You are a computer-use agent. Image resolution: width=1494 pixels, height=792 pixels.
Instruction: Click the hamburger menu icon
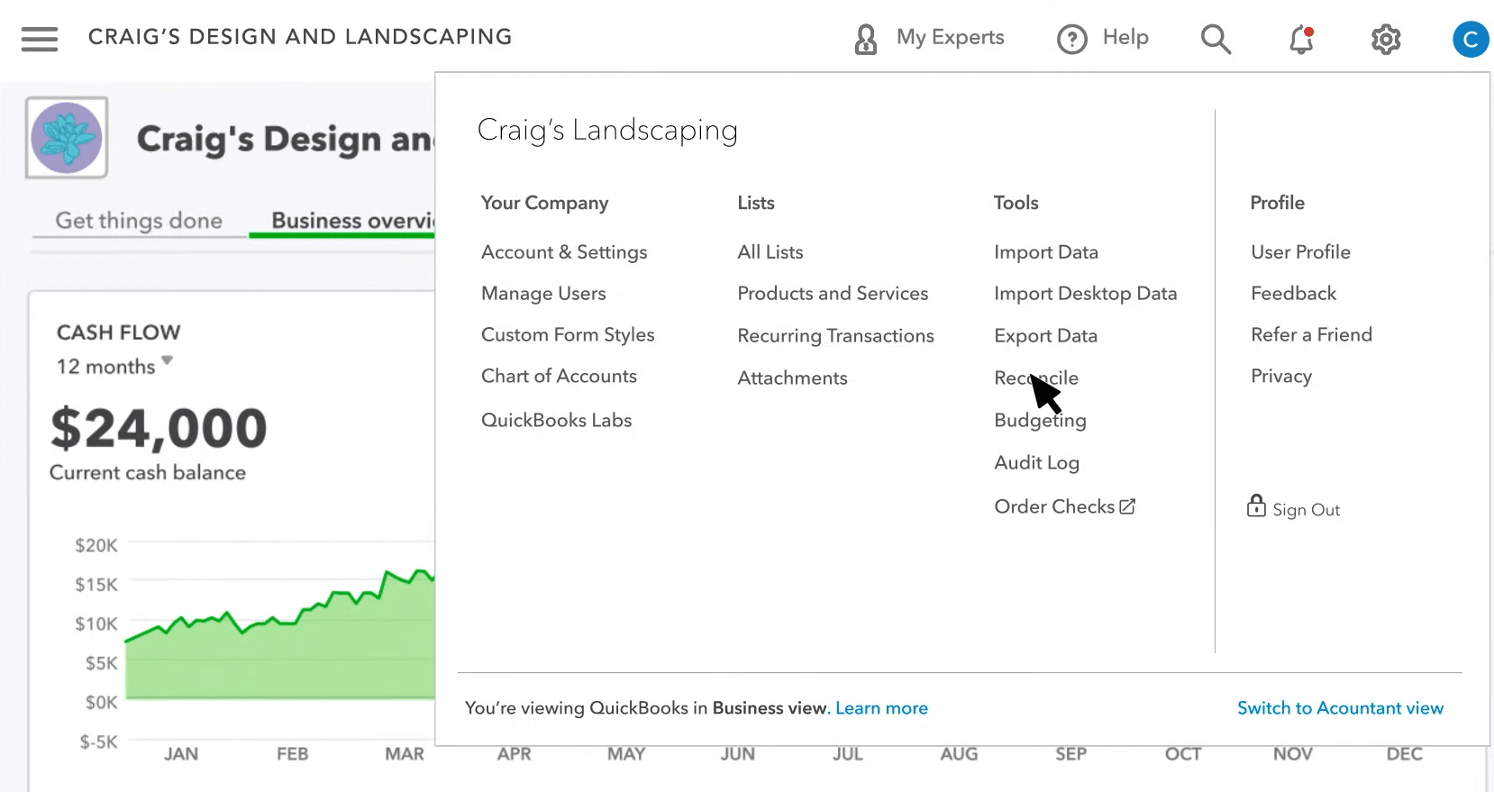pos(40,39)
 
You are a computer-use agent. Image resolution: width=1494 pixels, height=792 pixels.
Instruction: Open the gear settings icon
pos(1385,39)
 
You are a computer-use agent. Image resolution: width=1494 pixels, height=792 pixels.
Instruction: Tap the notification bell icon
pos(1301,39)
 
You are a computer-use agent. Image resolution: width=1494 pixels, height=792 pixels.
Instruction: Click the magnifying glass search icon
pos(1216,39)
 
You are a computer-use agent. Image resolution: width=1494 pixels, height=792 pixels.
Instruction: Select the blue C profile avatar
pos(1470,39)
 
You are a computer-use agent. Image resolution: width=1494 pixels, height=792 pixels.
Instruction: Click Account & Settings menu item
pos(564,252)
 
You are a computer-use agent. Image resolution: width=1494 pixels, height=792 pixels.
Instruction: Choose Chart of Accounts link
pos(559,377)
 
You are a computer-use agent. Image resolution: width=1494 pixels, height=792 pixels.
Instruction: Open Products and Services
pos(833,294)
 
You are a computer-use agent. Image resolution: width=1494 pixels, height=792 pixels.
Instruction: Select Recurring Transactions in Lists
pos(835,336)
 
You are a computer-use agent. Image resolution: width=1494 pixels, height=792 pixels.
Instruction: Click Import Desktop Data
pos(1085,294)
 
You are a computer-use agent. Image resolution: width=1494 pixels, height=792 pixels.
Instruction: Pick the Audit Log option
pos(1036,463)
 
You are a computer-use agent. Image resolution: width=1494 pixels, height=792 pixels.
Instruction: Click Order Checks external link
pos(1064,507)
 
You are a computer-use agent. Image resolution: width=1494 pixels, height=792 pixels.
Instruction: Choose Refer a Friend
pos(1311,335)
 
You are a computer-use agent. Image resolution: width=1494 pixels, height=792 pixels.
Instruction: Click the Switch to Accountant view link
pos(1340,708)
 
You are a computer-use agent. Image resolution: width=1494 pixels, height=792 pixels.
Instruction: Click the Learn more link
pos(881,708)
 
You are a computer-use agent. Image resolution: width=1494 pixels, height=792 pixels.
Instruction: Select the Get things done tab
pos(139,221)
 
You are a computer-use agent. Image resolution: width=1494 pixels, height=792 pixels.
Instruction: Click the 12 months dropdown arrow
pos(167,361)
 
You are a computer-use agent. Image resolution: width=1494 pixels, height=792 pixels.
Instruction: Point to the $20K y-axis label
pos(96,545)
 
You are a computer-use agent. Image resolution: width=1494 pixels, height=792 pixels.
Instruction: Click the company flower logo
pos(67,138)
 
